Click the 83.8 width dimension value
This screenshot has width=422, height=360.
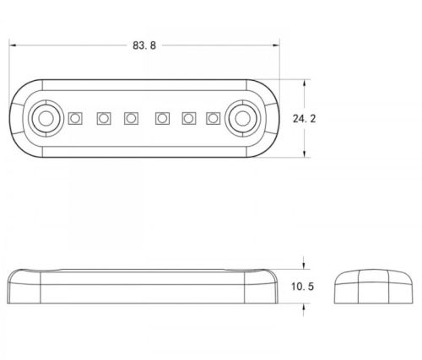pyautogui.click(x=144, y=46)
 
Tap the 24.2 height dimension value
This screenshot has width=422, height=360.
pyautogui.click(x=304, y=119)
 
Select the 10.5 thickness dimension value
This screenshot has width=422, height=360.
pyautogui.click(x=302, y=287)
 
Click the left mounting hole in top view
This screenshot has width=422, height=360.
pyautogui.click(x=46, y=118)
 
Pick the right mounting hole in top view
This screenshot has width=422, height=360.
pyautogui.click(x=242, y=118)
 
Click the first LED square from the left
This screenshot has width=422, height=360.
pyautogui.click(x=75, y=118)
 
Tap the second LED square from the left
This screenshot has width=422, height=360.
pyautogui.click(x=104, y=118)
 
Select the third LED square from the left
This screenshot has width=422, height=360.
pyautogui.click(x=131, y=118)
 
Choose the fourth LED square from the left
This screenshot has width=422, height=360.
pyautogui.click(x=162, y=118)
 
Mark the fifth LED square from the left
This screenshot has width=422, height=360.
pyautogui.click(x=189, y=118)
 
